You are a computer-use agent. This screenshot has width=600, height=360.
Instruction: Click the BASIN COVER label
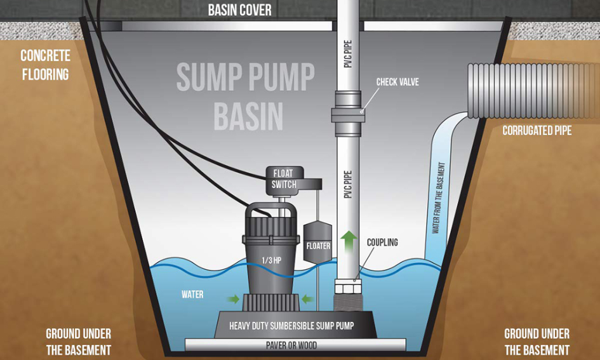240,10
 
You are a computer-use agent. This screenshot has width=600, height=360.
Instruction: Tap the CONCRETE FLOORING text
45,65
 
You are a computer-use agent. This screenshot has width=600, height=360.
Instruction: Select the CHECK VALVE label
397,82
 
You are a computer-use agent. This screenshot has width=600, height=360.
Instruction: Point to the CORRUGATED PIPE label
537,131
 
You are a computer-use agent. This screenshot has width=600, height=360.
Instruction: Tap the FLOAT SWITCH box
284,179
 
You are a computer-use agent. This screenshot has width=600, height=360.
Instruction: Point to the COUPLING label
382,243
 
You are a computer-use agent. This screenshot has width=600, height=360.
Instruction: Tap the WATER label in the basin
192,295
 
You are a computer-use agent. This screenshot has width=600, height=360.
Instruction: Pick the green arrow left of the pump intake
233,298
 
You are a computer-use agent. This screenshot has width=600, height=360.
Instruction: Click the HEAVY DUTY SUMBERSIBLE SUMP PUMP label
291,326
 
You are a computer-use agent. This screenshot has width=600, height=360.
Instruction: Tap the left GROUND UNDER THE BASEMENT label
78,342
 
